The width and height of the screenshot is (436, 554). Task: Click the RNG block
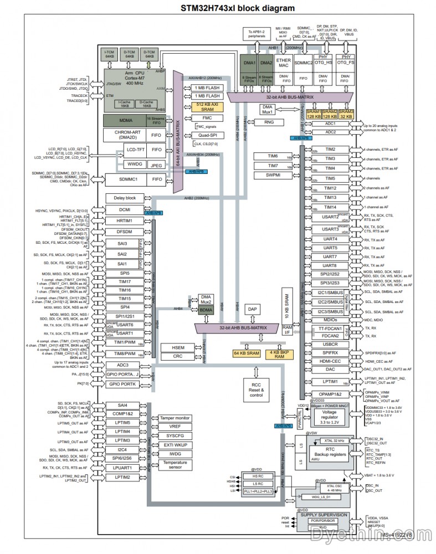click(x=268, y=122)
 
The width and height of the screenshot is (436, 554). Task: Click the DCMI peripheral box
click(x=125, y=211)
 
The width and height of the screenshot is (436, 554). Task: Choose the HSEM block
click(x=177, y=347)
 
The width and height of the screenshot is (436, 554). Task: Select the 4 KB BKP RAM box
click(x=278, y=355)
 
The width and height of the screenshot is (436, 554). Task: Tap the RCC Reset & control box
click(x=256, y=390)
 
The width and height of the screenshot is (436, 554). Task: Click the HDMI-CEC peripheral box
click(x=330, y=360)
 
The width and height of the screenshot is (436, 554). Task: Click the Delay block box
click(x=125, y=198)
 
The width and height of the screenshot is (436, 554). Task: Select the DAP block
click(x=252, y=309)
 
